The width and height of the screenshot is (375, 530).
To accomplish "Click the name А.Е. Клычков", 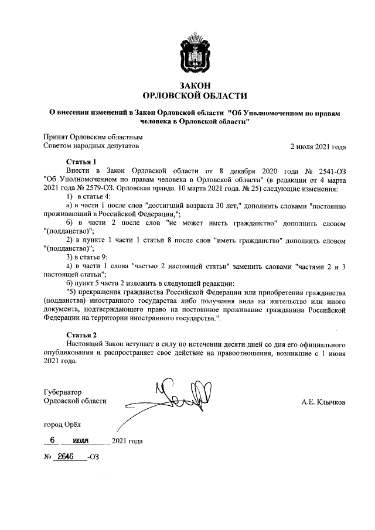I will click(323, 402).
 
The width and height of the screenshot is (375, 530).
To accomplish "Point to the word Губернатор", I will click(63, 391).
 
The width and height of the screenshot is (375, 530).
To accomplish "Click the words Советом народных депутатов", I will click(91, 146).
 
